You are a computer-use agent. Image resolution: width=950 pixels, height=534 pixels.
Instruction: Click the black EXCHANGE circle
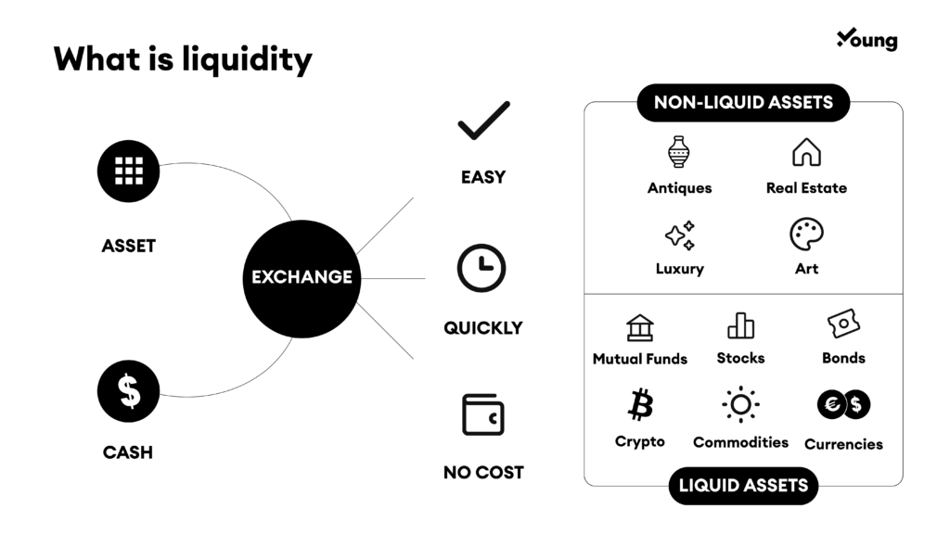(302, 278)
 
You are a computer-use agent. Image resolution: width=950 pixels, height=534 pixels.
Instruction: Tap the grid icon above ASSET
(128, 172)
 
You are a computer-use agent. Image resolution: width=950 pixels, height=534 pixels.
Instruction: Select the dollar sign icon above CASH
(128, 391)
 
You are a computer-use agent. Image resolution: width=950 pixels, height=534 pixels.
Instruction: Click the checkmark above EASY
(484, 121)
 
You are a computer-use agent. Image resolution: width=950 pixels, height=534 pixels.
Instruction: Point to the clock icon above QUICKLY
(481, 268)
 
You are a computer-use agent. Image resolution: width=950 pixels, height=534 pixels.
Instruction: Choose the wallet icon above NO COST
(482, 414)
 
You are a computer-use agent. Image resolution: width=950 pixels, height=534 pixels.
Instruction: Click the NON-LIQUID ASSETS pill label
(743, 102)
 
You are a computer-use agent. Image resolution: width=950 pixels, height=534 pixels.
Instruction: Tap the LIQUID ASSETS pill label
(743, 486)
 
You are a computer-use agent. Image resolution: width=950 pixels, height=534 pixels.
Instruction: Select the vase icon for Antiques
(679, 152)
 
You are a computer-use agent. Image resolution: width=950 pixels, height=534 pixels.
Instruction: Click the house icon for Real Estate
(806, 152)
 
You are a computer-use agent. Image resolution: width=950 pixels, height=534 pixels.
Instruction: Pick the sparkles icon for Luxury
(680, 235)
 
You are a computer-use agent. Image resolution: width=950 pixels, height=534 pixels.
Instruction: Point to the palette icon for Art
(806, 235)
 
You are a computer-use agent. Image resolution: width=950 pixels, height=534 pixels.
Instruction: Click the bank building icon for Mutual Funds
(640, 327)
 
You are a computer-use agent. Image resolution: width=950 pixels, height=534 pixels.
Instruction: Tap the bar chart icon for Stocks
(741, 325)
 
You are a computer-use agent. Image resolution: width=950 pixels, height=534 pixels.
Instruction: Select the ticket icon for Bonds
(843, 324)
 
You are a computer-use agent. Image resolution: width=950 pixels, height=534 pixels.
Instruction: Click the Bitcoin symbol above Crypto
(640, 404)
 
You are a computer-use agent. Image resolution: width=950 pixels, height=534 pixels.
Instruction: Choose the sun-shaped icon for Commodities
(740, 404)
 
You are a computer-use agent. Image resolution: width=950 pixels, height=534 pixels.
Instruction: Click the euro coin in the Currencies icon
(831, 404)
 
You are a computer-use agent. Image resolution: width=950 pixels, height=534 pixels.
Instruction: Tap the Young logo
(867, 39)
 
